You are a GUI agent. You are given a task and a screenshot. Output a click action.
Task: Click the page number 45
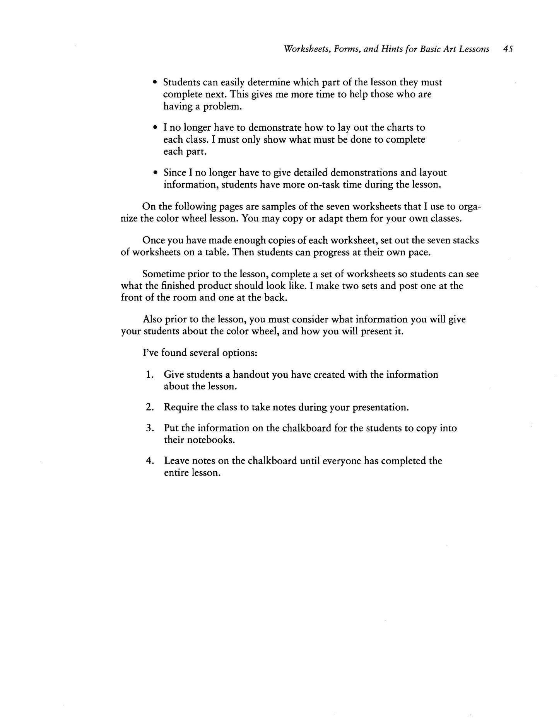tap(508, 49)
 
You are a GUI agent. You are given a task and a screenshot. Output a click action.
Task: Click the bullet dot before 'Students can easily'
tap(155, 83)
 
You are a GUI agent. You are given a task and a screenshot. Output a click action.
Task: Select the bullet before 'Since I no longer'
tap(155, 173)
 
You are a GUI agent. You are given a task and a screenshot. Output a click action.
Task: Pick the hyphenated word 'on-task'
tap(324, 184)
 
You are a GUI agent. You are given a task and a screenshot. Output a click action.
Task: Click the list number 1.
tap(150, 375)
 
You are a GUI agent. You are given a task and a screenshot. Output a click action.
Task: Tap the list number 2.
tap(150, 408)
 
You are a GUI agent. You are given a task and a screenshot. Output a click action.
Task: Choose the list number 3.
tap(150, 428)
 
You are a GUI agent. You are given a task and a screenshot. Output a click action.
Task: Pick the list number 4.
tap(150, 461)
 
